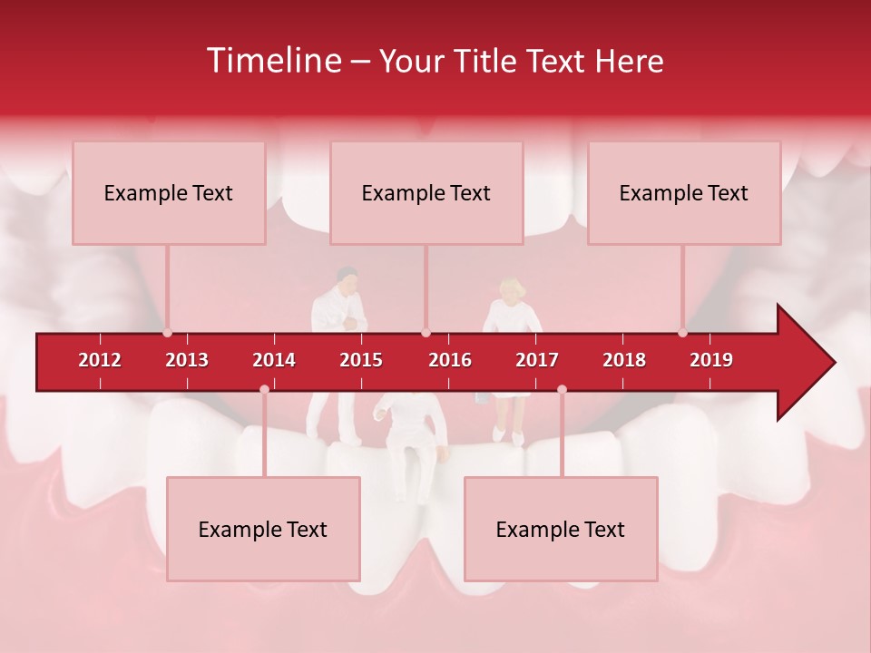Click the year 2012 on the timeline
(100, 360)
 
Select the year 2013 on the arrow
(187, 360)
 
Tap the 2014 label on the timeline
(274, 360)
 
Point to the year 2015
(361, 360)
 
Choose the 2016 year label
(450, 360)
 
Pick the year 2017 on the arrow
(537, 360)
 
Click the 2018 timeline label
(624, 360)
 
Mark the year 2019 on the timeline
(711, 360)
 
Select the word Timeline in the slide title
(273, 61)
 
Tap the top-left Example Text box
(169, 192)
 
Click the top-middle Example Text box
(426, 192)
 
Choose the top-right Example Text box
(684, 192)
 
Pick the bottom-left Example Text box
(263, 529)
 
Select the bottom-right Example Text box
(561, 529)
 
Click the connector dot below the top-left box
(168, 332)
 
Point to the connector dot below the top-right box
(683, 332)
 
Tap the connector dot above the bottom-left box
(264, 389)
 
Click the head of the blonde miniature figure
(511, 290)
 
